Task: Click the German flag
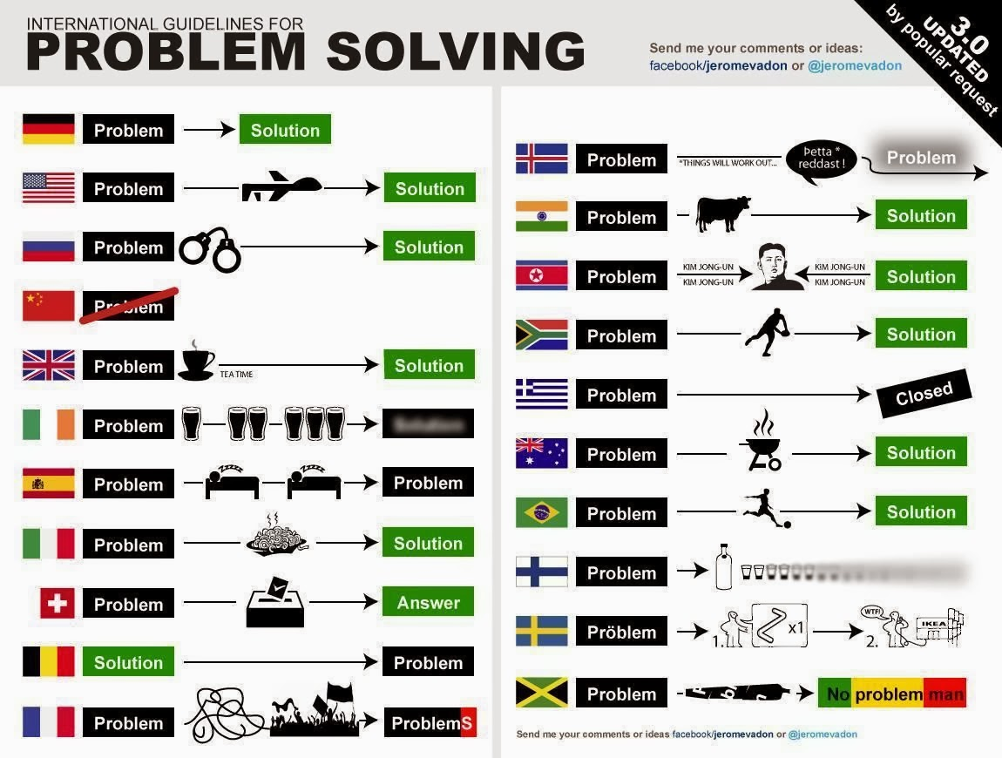[x=49, y=129]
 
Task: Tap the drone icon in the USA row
[x=281, y=186]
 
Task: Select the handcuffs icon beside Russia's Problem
[x=209, y=249]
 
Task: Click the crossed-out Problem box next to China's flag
[x=129, y=306]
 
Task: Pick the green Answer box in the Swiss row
[x=428, y=602]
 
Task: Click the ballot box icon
[x=275, y=601]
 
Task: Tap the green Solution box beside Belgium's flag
[x=128, y=662]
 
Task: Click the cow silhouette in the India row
[x=722, y=213]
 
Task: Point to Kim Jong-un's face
[x=777, y=267]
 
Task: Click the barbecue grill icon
[x=763, y=443]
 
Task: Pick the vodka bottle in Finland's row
[x=722, y=567]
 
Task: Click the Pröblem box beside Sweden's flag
[x=621, y=632]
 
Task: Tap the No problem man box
[x=892, y=694]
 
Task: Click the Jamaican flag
[x=541, y=693]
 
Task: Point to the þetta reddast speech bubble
[x=821, y=159]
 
